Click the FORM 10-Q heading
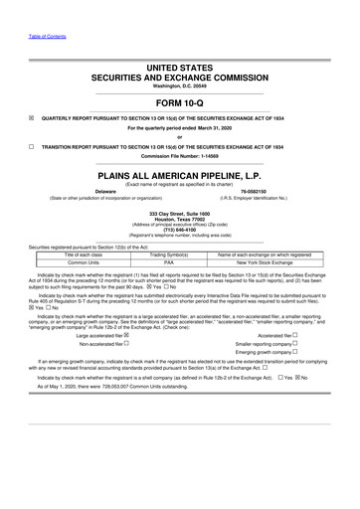tap(180, 105)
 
